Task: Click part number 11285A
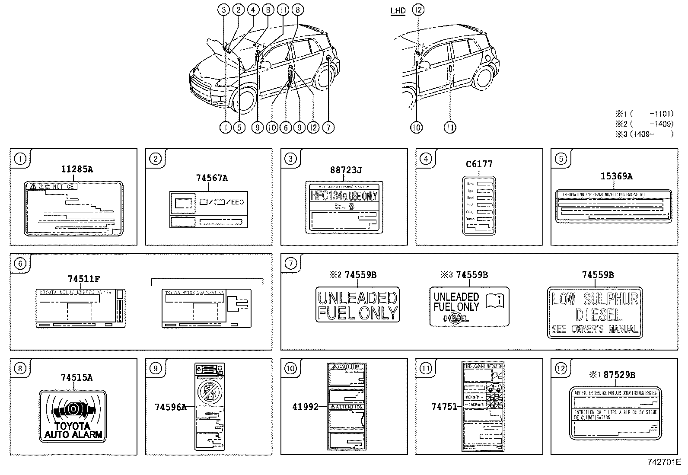coord(76,169)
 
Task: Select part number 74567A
coord(212,178)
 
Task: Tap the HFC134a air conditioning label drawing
coord(344,207)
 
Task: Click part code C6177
coord(479,164)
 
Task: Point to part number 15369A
coord(616,176)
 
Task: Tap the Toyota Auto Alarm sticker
coord(73,416)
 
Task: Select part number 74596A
coord(170,407)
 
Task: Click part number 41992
coord(305,407)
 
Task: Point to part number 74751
coord(444,406)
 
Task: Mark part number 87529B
coord(619,375)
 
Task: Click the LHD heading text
coord(398,11)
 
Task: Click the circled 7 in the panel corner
coord(290,264)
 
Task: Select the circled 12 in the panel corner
coord(561,368)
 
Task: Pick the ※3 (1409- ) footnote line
coord(644,134)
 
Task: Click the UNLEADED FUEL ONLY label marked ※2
coord(357,305)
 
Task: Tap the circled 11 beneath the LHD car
coord(450,128)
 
